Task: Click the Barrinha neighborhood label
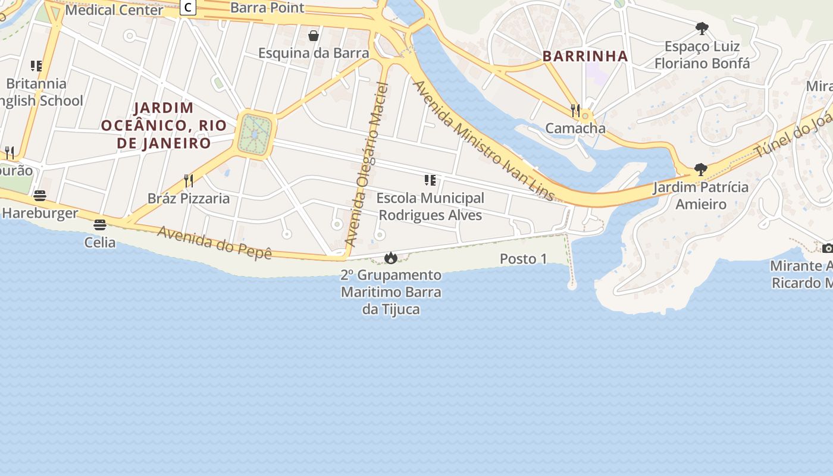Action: click(585, 57)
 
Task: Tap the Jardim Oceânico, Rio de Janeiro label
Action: click(164, 126)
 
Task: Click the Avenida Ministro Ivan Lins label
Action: click(483, 142)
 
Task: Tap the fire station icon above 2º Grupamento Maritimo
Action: click(390, 258)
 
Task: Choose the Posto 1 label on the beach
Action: click(523, 259)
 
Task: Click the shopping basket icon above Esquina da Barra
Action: click(314, 36)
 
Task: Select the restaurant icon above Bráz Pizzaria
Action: click(189, 181)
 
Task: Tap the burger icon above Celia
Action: click(99, 225)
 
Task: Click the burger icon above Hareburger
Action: click(40, 196)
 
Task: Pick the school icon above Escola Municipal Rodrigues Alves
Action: click(430, 180)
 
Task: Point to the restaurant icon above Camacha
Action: click(575, 111)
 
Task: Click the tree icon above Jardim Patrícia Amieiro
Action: click(701, 170)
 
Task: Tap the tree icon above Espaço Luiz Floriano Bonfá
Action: click(702, 29)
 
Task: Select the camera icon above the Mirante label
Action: click(827, 248)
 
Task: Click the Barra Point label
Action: click(267, 8)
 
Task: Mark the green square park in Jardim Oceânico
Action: click(256, 134)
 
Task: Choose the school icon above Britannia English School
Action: click(36, 66)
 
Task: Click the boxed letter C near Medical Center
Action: click(189, 8)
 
